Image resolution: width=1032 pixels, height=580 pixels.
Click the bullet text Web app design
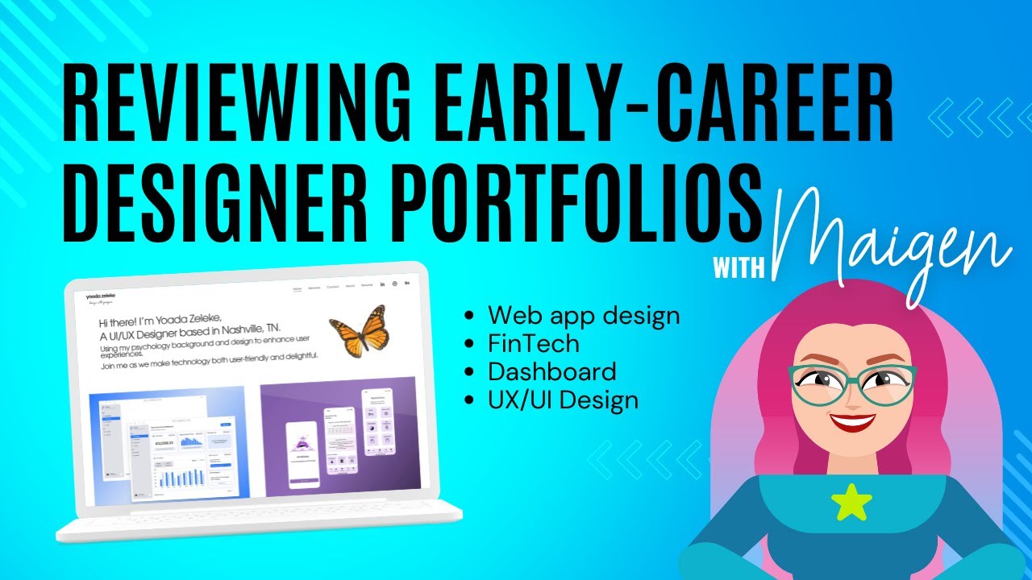pos(584,315)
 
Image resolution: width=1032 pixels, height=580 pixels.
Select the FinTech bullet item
pos(533,343)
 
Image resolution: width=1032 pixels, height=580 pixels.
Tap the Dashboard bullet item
pos(551,371)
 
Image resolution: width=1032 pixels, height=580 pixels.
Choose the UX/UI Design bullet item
pos(563,399)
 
